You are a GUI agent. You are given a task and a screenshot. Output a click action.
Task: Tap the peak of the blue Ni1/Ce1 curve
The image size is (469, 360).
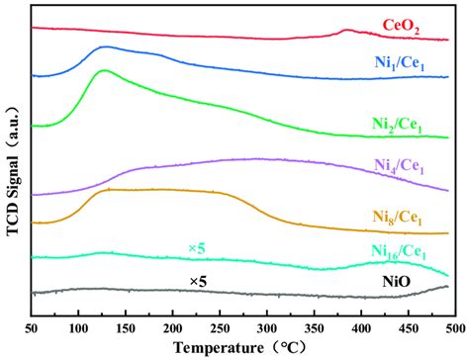pos(105,46)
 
